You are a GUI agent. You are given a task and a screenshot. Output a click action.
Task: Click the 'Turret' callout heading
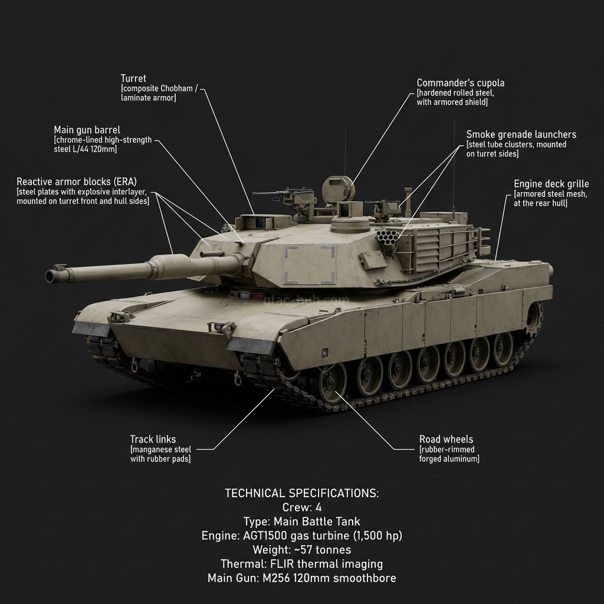133,78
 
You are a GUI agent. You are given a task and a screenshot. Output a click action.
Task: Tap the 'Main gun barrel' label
87,130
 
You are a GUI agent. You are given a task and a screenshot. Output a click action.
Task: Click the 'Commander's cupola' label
461,83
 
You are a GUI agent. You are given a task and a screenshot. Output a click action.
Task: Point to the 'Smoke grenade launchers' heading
521,134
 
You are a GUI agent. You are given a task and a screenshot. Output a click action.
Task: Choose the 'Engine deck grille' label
551,184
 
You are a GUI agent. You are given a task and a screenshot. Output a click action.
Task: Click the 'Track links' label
153,439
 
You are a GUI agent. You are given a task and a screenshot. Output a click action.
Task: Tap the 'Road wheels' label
446,439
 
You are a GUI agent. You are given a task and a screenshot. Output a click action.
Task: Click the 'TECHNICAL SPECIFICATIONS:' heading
301,493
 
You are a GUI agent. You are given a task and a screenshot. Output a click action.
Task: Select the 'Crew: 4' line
301,507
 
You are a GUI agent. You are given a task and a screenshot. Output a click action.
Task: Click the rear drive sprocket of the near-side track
534,318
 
